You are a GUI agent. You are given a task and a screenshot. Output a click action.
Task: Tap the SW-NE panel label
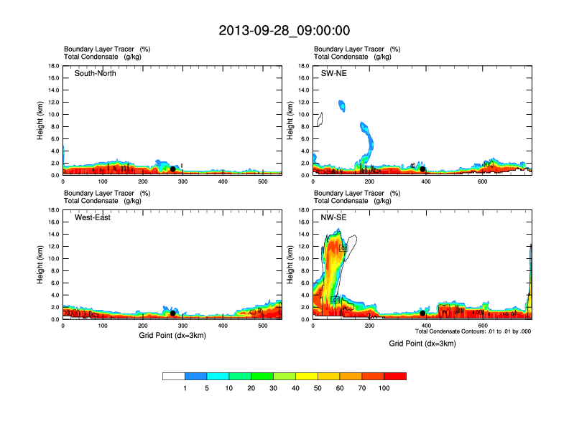pos(333,73)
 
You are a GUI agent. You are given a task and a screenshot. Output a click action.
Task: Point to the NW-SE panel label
pos(334,217)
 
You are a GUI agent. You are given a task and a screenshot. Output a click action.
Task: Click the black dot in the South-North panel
pos(173,169)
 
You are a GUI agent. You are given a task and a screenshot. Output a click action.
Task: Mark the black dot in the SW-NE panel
pos(423,169)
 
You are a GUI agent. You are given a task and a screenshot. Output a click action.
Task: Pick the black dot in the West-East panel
pos(173,313)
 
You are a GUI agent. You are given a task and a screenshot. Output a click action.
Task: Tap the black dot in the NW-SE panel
pos(423,313)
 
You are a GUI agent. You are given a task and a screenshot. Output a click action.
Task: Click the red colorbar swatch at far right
pos(395,376)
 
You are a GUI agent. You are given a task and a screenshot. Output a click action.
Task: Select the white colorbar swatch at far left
pos(174,376)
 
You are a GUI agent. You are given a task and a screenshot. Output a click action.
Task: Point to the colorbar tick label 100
pos(385,388)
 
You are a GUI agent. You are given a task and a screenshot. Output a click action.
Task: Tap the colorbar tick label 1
pos(185,388)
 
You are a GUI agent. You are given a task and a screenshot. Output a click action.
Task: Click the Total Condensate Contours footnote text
pos(473,331)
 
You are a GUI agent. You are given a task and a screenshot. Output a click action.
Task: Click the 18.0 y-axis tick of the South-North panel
pos(52,66)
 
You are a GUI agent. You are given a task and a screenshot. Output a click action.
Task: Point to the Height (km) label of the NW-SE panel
pos(290,265)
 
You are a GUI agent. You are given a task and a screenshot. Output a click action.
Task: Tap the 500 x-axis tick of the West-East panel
pos(263,326)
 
